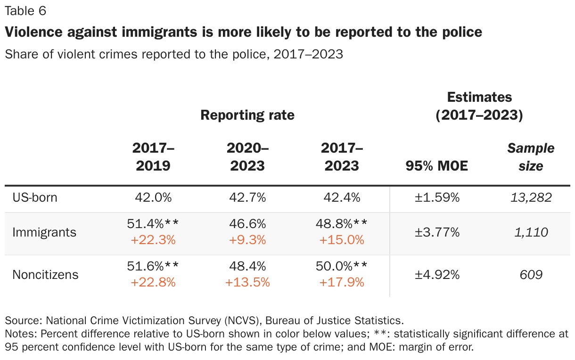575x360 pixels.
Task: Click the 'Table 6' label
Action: [25, 11]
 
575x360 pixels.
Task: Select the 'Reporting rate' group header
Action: [247, 115]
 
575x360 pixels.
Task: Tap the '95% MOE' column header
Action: [436, 165]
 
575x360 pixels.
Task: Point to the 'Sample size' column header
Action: [531, 157]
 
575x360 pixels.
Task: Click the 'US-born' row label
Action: [35, 197]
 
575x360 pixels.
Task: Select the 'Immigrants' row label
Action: [44, 232]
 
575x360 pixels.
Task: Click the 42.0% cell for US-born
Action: [153, 197]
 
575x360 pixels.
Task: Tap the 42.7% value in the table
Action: [247, 197]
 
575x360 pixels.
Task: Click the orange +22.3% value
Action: [153, 240]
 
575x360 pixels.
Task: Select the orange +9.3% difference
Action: [247, 240]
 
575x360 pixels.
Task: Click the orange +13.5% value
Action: [247, 282]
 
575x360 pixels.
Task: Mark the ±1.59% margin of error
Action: [436, 197]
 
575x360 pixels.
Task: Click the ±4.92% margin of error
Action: [436, 275]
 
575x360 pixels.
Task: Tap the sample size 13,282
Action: [531, 197]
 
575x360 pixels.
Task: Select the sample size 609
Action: [531, 275]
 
